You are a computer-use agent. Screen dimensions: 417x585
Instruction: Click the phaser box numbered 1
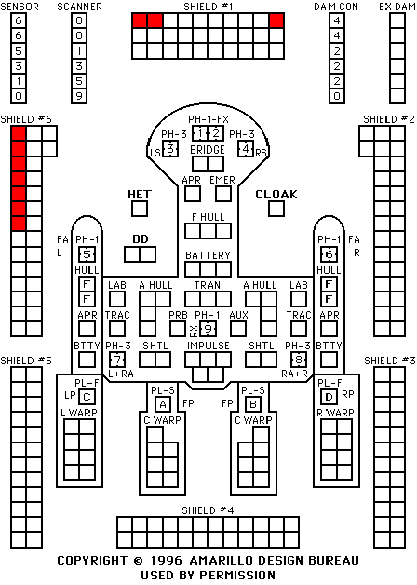coord(200,133)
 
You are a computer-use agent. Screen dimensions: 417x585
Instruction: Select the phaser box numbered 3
coord(170,149)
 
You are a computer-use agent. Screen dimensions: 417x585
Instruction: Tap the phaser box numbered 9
coord(208,329)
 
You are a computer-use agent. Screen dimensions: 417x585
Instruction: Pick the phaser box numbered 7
coord(117,360)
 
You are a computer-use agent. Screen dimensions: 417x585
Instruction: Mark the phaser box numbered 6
coord(330,254)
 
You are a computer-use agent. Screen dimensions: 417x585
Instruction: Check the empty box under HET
coord(140,209)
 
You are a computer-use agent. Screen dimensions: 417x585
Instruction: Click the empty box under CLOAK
coord(276,209)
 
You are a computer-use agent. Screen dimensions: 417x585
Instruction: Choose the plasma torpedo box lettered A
coord(163,404)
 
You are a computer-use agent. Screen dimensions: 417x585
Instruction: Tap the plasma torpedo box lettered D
coord(330,397)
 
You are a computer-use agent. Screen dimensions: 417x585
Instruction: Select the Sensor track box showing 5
coord(19,50)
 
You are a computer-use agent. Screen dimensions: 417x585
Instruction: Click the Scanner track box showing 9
coord(79,96)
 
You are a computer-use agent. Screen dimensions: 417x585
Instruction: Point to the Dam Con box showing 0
coord(337,96)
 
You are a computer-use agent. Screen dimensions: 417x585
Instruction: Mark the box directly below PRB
coord(178,329)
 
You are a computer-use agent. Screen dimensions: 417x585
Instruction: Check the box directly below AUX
coord(238,329)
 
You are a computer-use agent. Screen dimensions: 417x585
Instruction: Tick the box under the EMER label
coord(223,194)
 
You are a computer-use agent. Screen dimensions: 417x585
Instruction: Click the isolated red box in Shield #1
coord(276,20)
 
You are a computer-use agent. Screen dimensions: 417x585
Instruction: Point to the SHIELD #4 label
coord(208,510)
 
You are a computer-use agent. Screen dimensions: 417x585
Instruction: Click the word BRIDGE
coord(208,150)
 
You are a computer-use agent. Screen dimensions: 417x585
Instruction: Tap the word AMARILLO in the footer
coord(222,561)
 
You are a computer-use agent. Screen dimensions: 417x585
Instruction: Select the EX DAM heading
coord(397,7)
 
